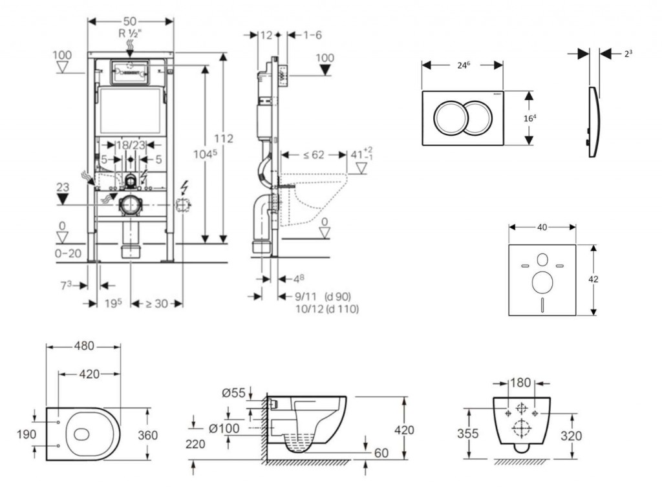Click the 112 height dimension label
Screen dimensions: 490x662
pyautogui.click(x=224, y=139)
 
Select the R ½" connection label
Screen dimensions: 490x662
pyautogui.click(x=131, y=33)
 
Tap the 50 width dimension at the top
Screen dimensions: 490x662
pyautogui.click(x=131, y=21)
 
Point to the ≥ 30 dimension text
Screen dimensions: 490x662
pyautogui.click(x=157, y=303)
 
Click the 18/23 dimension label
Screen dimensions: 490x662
pyautogui.click(x=131, y=146)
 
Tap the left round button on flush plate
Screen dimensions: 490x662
pyautogui.click(x=449, y=118)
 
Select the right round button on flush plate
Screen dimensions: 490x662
pyautogui.click(x=477, y=118)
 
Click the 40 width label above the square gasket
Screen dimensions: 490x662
pyautogui.click(x=542, y=227)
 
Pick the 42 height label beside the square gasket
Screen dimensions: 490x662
pyautogui.click(x=593, y=279)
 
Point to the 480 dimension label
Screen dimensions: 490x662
pyautogui.click(x=83, y=346)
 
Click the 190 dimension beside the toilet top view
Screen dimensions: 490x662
pyautogui.click(x=26, y=435)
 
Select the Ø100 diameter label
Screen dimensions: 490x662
pyautogui.click(x=224, y=427)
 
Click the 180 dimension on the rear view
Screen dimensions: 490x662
pyautogui.click(x=521, y=382)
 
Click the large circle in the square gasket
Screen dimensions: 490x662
pyautogui.click(x=542, y=282)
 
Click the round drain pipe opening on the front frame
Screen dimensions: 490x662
pyautogui.click(x=131, y=205)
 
